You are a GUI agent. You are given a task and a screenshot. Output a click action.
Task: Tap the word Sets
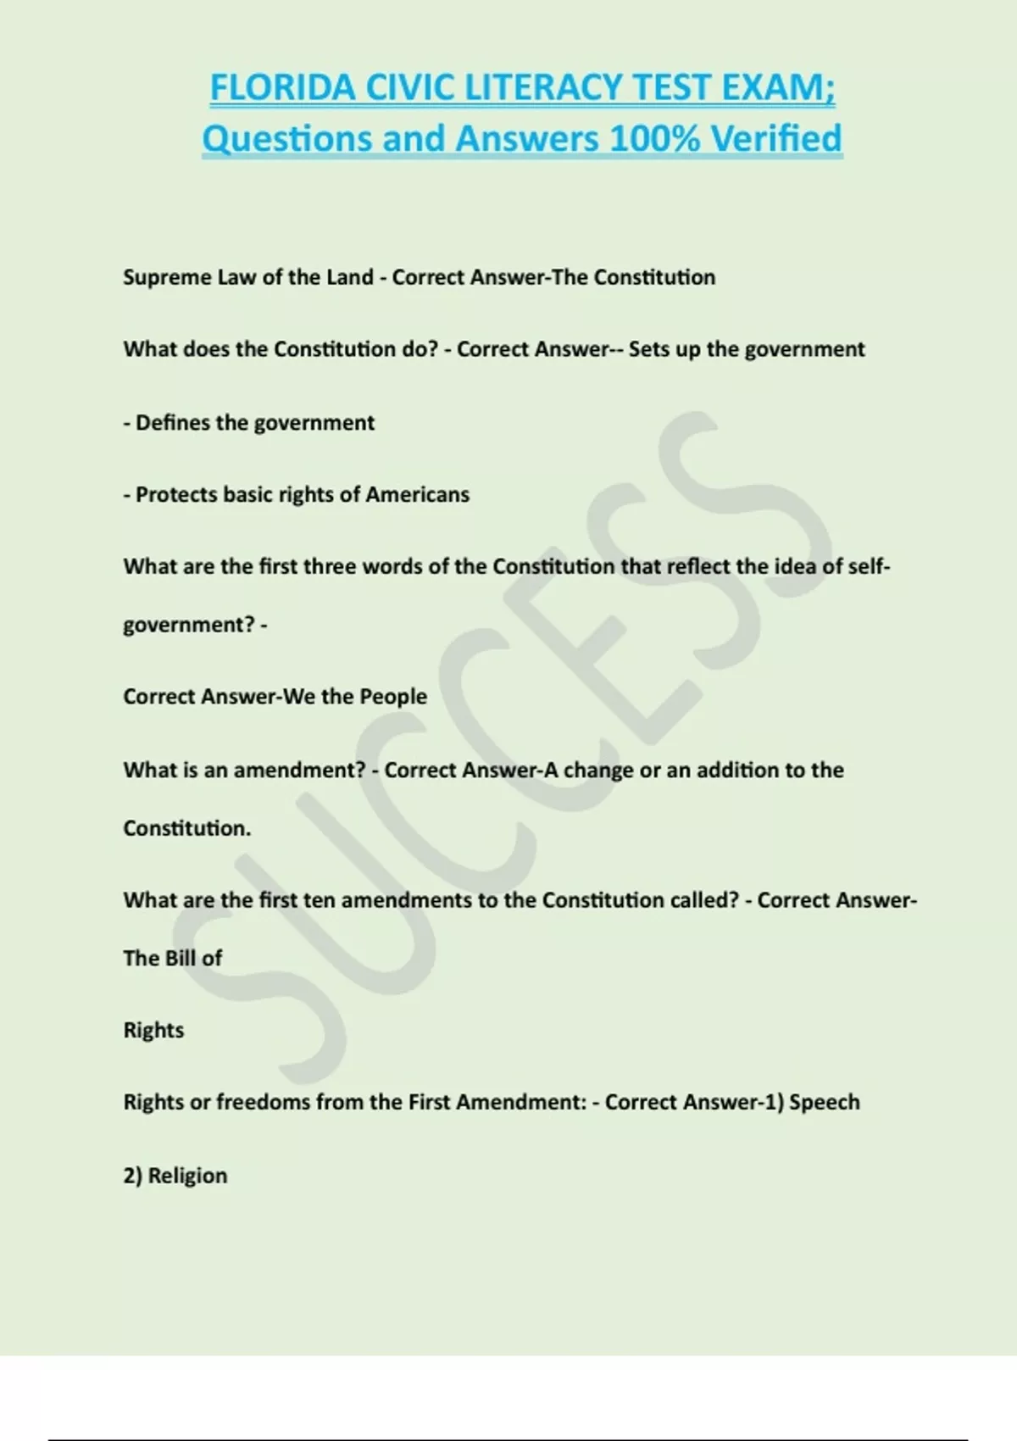[648, 350]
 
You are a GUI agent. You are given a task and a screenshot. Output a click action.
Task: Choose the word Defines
[172, 423]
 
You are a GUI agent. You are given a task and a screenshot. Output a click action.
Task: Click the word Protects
[175, 495]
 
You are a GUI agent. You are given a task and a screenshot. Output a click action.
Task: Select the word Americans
[417, 495]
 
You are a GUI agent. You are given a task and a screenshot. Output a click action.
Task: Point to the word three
[330, 566]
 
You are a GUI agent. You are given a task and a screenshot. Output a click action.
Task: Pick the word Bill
[179, 959]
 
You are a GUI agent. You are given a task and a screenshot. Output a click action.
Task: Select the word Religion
[187, 1177]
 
